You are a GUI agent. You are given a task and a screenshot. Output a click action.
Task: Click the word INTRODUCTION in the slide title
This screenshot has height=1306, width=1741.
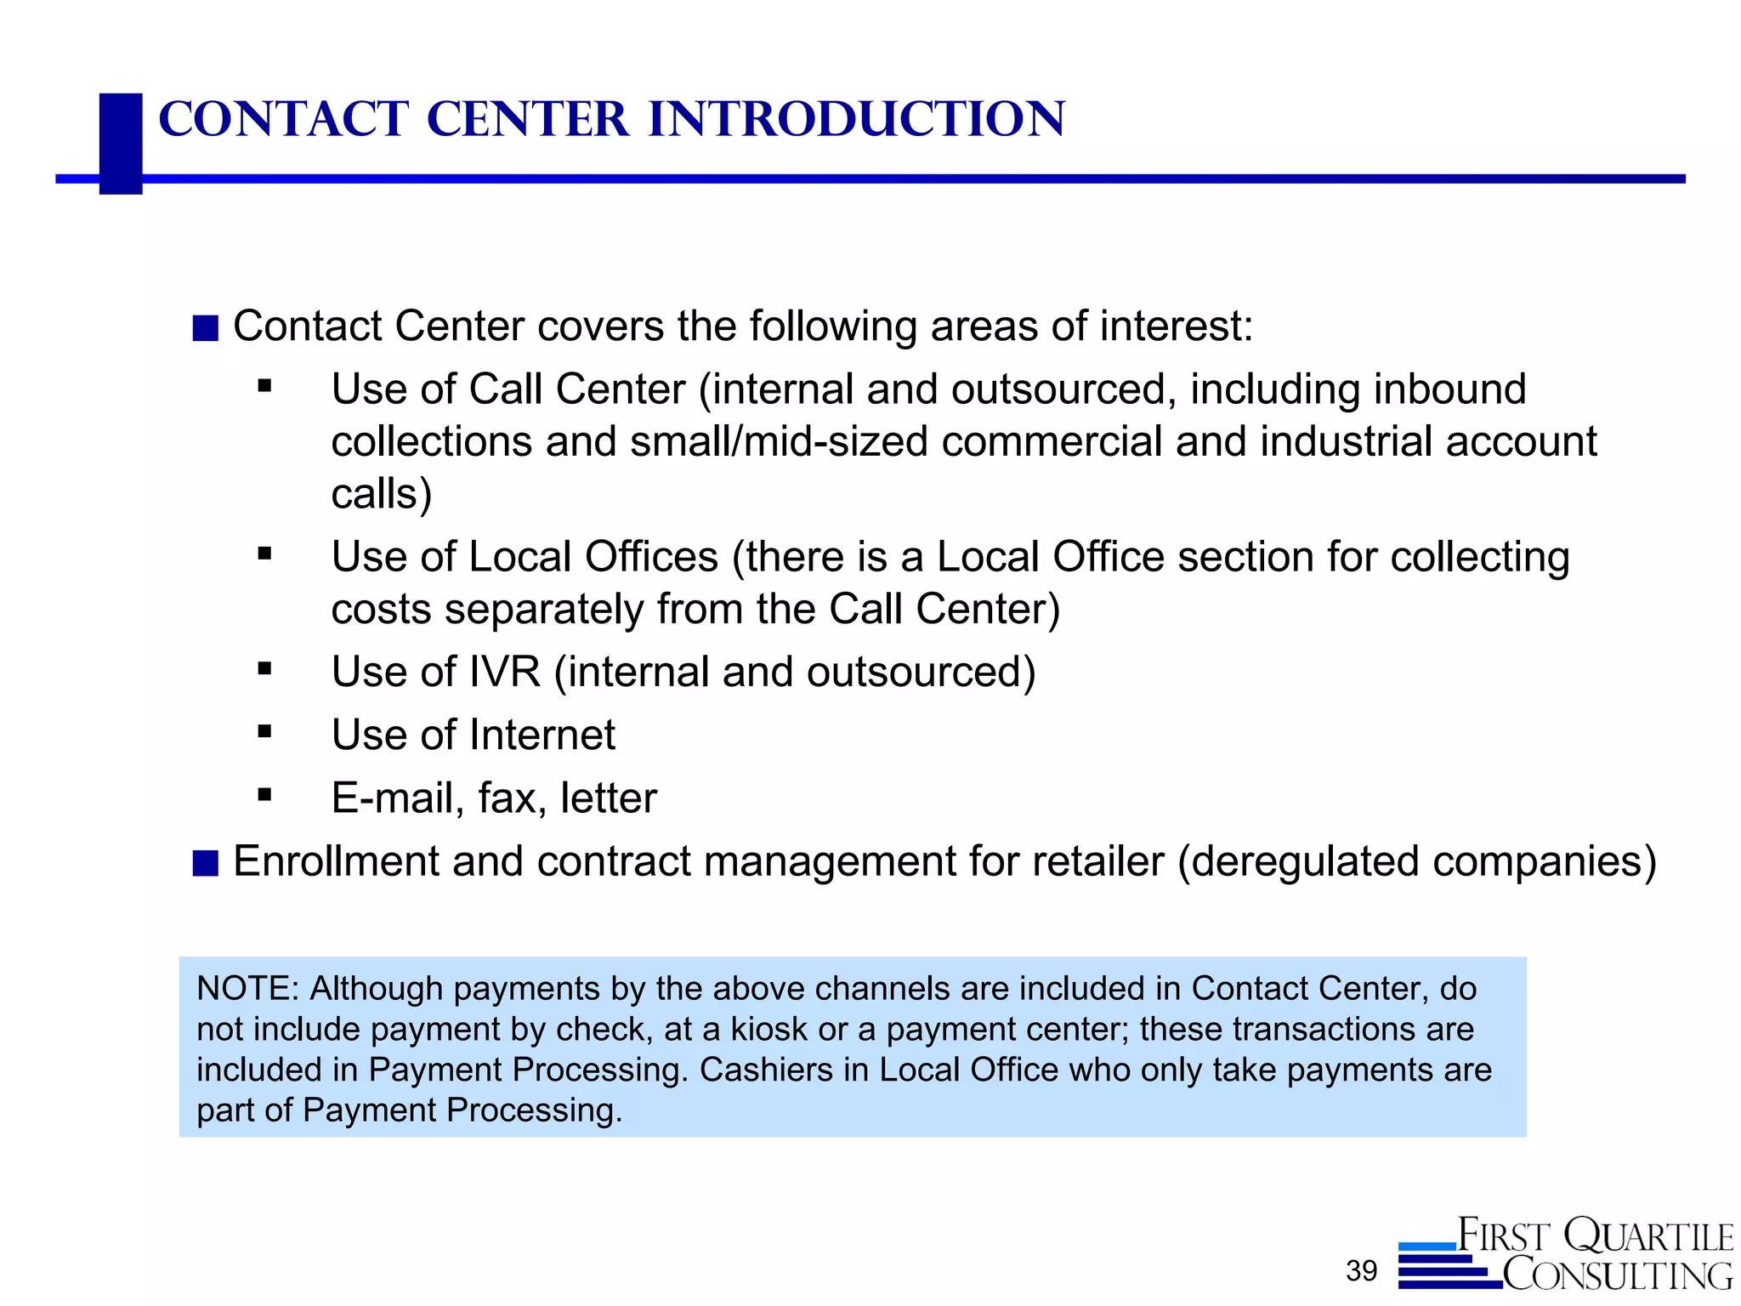click(856, 119)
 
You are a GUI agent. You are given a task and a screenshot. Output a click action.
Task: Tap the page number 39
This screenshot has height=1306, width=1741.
click(1361, 1271)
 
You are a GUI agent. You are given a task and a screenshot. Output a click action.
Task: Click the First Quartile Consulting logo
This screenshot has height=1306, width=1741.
click(1566, 1255)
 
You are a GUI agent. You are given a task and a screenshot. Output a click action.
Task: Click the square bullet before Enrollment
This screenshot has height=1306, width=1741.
click(206, 863)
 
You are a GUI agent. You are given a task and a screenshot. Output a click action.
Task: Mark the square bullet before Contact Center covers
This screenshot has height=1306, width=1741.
click(206, 328)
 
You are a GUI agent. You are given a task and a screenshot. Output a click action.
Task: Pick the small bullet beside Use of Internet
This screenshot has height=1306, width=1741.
click(265, 731)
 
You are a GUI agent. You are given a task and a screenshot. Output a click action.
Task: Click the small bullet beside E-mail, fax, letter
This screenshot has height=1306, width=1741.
click(265, 795)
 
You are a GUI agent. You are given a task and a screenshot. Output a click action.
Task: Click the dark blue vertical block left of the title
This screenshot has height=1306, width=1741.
click(121, 144)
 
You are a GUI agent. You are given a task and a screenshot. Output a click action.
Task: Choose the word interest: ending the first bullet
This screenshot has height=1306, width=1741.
click(1177, 326)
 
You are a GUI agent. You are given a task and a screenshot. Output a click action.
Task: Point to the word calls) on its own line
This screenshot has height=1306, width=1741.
click(382, 495)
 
